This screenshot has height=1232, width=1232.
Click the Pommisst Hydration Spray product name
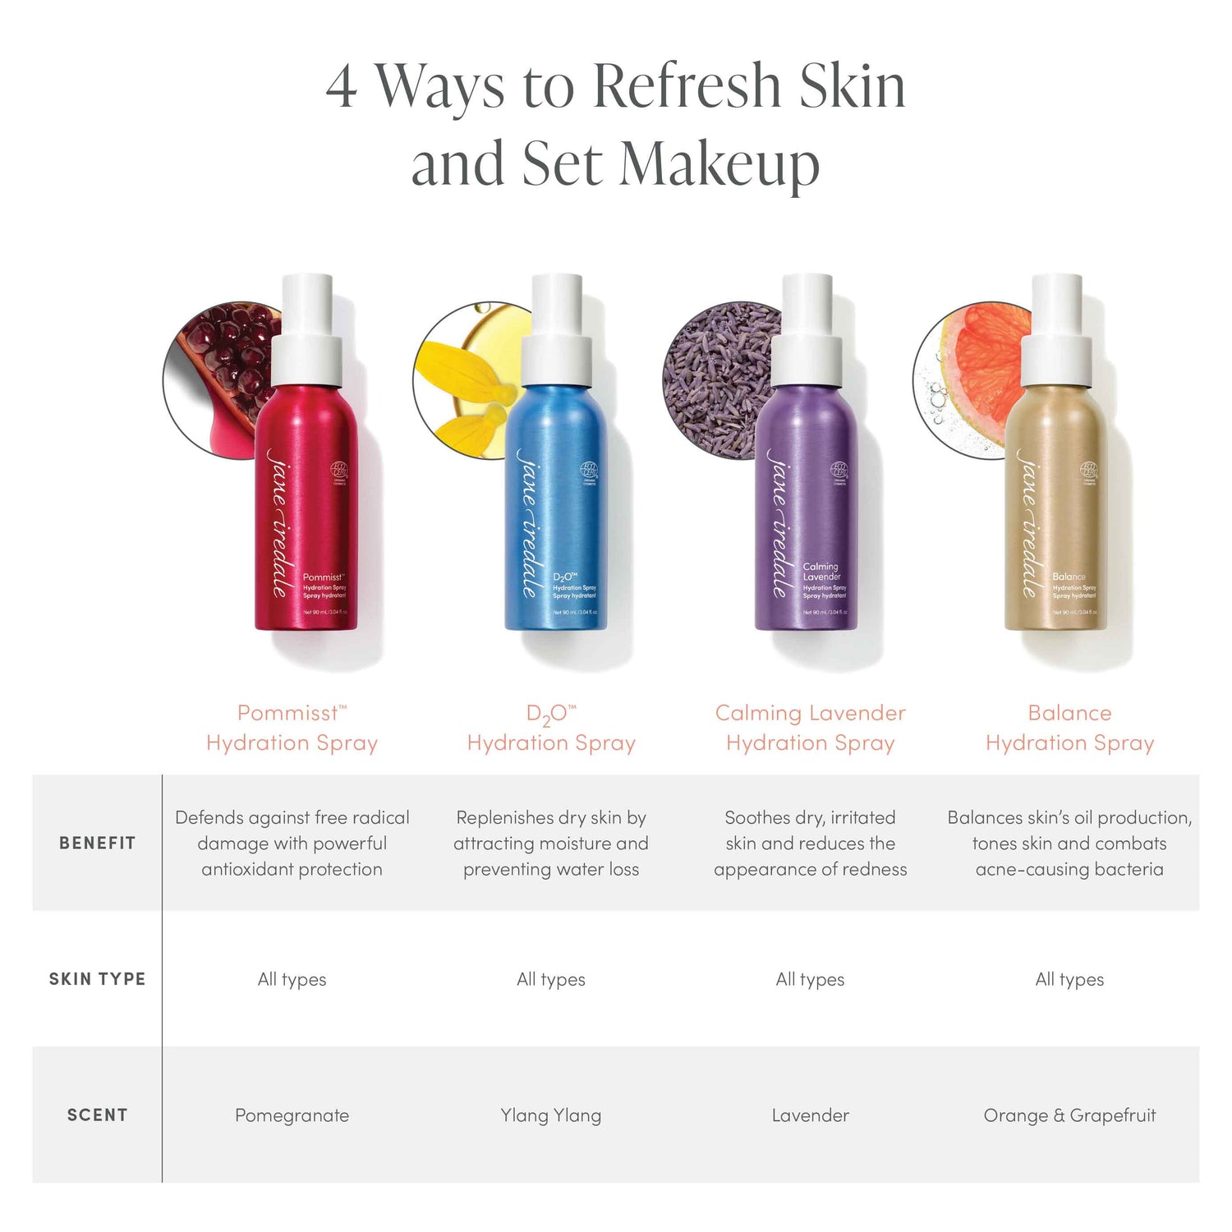pos(292,728)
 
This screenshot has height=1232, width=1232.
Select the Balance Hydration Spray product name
pos(1069,728)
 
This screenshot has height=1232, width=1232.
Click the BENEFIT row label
pos(97,843)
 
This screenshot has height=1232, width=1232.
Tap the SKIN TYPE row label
pos(97,979)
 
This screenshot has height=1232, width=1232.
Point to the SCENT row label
pos(97,1115)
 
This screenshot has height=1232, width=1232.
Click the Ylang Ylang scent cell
pos(551,1115)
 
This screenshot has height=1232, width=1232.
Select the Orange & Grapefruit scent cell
pos(1069,1115)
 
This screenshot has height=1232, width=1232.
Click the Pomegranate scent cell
pos(292,1115)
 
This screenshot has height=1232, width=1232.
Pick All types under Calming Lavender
pos(810,979)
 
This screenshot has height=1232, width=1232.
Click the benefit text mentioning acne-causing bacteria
pos(1069,844)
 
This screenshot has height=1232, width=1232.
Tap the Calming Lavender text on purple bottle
pos(821,572)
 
